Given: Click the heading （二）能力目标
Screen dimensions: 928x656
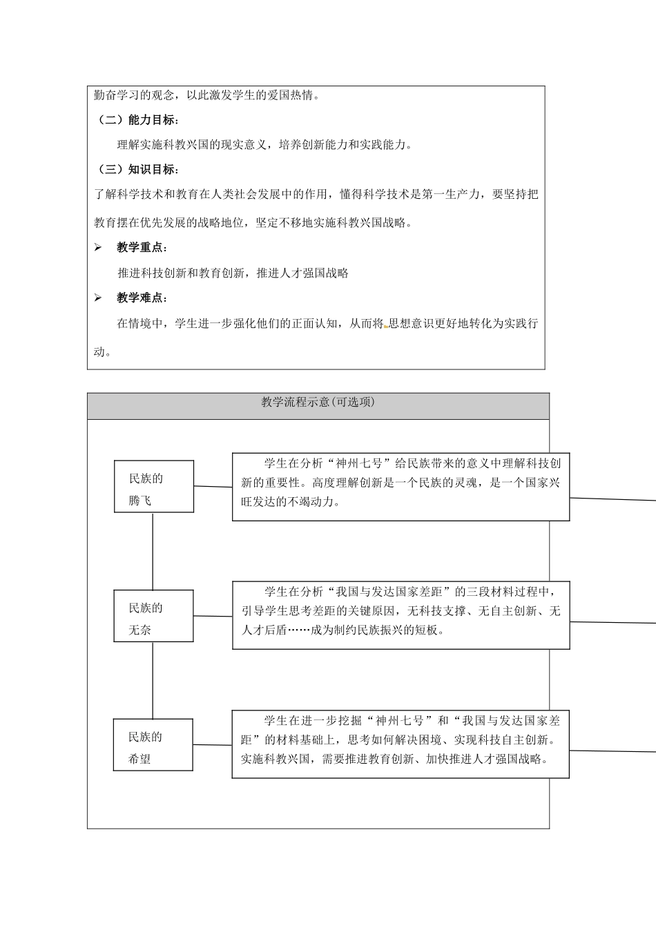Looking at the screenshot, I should pos(138,120).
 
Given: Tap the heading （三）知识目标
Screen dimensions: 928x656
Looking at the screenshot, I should pos(138,170).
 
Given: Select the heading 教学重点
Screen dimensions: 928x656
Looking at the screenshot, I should pos(142,248).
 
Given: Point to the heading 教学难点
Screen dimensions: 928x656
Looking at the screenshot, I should pos(142,298).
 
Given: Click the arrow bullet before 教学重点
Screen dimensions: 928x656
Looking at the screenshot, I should pos(98,248).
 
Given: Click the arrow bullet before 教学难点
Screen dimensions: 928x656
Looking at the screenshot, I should pos(98,298).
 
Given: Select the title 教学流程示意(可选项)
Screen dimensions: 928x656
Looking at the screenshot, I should pos(318,403).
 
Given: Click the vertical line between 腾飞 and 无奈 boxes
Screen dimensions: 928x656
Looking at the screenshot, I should pos(153,551).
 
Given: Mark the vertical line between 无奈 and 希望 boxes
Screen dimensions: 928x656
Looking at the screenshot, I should pos(153,680).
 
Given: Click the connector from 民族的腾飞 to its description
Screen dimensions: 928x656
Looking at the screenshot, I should pos(213,487).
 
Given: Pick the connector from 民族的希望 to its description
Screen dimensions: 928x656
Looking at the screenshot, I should pos(212,745).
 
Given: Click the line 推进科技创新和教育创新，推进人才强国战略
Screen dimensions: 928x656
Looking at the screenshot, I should pos(233,273).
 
